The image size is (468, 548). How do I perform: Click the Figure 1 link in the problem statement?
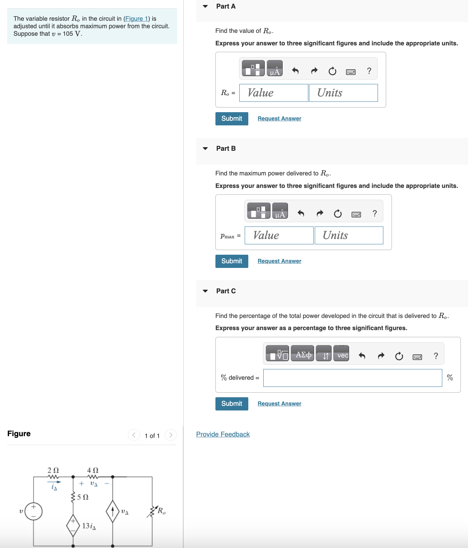coord(136,19)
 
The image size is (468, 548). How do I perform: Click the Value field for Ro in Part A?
coord(274,93)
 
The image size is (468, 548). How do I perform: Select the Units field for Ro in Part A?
coord(343,93)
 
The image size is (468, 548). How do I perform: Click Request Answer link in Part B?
coord(279,261)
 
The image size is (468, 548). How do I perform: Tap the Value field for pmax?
coord(279,235)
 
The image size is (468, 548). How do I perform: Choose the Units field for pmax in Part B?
coord(349,235)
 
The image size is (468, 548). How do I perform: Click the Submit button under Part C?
coord(231,404)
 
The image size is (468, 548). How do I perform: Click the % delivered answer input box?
coord(352,378)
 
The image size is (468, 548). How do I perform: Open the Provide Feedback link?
coord(223,434)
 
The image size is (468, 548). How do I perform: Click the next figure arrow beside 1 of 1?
coord(171,435)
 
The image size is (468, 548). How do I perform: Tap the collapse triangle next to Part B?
coord(205,149)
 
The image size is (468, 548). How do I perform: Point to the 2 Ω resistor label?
coord(53,470)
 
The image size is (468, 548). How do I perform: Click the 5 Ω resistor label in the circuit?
coord(83,497)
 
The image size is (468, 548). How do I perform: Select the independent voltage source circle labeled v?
coord(34,511)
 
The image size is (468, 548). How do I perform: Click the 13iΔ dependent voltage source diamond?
coord(73,525)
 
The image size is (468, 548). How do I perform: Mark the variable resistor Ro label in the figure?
coord(161,511)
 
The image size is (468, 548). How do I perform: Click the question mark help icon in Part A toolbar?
coord(369,71)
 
